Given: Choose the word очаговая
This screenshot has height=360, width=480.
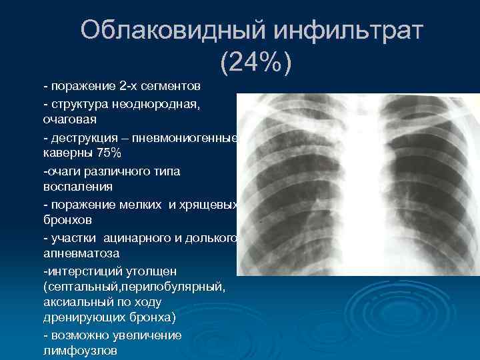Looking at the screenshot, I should [x=70, y=121].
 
